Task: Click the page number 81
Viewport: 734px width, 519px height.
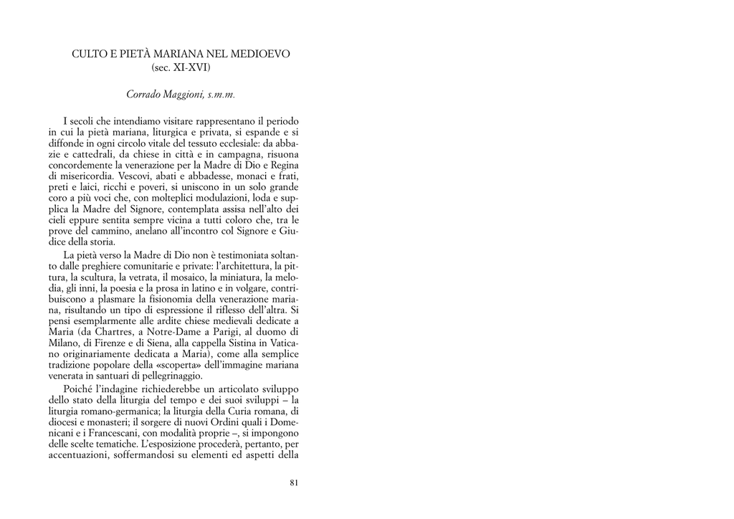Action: [294, 482]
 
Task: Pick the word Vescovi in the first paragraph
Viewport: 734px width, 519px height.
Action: [133, 176]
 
